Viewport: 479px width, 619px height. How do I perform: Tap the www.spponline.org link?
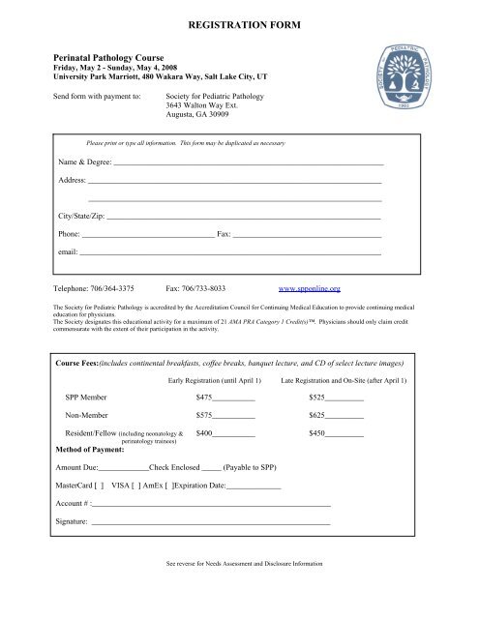[x=309, y=288]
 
